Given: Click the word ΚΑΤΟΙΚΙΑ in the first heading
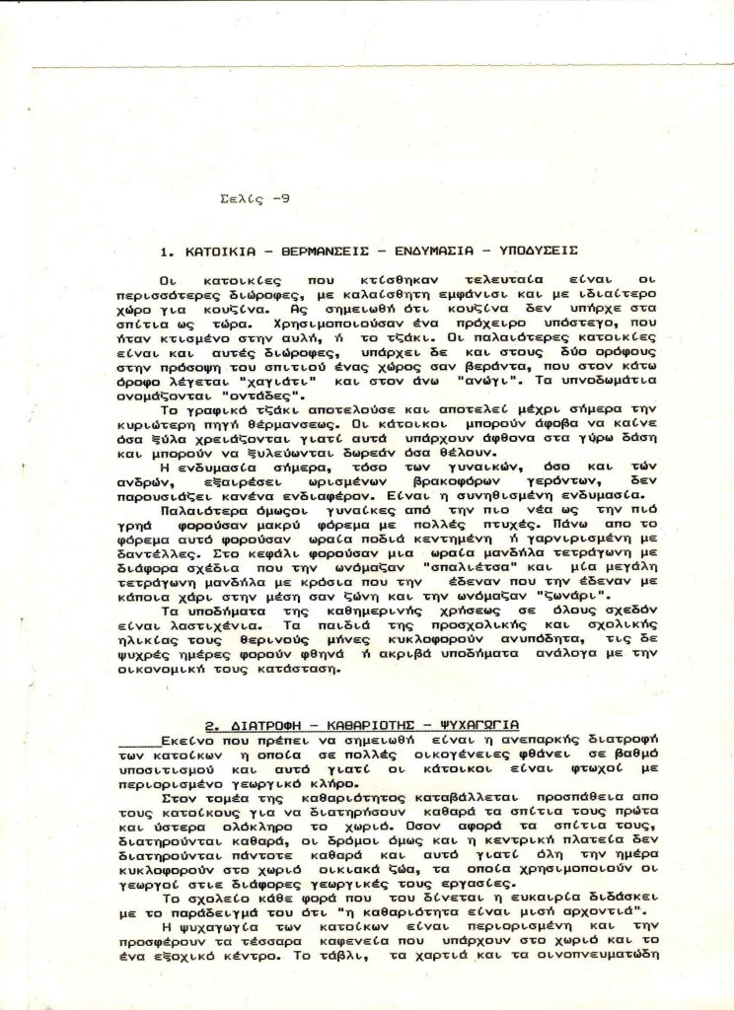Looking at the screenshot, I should [x=218, y=251].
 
